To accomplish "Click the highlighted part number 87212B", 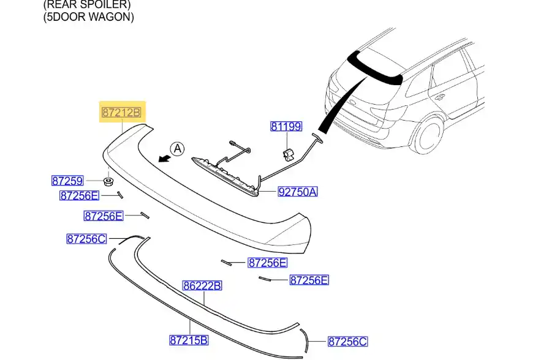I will point(121,113).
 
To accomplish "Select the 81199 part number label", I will point(286,127).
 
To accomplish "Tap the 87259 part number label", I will point(67,181).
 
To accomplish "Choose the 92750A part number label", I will point(298,192).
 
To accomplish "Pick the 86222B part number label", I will point(202,286).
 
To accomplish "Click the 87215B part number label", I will point(189,340).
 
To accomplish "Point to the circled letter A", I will point(176,148).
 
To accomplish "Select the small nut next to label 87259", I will point(108,181).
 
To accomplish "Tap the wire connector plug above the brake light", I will point(233,144).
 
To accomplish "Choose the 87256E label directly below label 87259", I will point(78,196).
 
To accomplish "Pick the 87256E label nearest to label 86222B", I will point(267,263).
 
